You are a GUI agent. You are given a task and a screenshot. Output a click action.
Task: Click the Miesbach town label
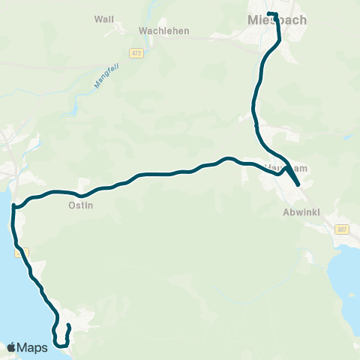(277, 20)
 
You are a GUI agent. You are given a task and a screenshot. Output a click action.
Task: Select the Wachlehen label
(164, 31)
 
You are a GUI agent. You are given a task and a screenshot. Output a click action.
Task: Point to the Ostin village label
(80, 205)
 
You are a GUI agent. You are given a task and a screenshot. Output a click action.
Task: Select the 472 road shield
(136, 53)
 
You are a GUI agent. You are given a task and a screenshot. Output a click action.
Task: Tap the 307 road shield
(342, 229)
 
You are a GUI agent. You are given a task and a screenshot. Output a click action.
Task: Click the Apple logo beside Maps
(11, 347)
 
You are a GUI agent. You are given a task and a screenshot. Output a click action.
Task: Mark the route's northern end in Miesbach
(271, 14)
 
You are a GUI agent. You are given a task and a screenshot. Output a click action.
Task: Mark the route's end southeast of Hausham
(298, 184)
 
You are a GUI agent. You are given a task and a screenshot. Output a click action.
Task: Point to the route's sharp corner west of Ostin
(14, 205)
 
